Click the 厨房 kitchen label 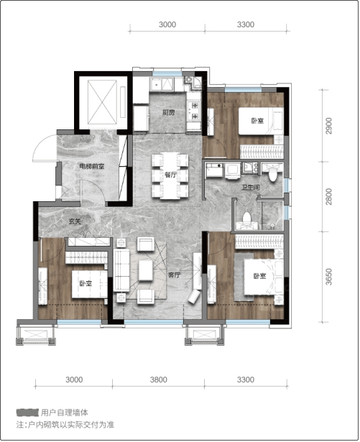(x=169, y=113)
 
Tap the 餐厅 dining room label (x=170, y=175)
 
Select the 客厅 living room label (x=174, y=275)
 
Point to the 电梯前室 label (x=92, y=166)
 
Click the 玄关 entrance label (x=75, y=221)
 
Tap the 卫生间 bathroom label (x=250, y=187)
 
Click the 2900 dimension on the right (x=328, y=126)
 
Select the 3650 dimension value (x=328, y=277)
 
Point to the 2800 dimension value (x=328, y=196)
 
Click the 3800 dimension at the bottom (x=158, y=379)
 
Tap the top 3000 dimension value (x=167, y=24)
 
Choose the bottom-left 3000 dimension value (x=74, y=379)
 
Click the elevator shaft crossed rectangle (x=102, y=102)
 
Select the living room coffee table (x=145, y=270)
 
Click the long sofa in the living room (x=121, y=271)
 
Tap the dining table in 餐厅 (x=170, y=175)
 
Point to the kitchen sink (x=162, y=83)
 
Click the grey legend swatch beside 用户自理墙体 (x=27, y=413)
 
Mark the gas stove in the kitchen (x=194, y=111)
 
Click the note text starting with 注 (x=65, y=425)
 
